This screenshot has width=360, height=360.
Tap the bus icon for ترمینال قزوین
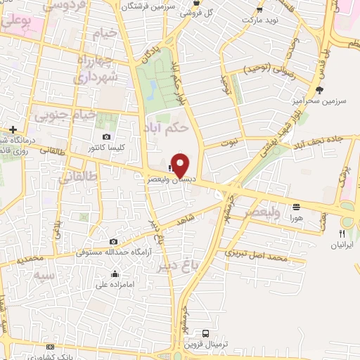[x=205, y=333]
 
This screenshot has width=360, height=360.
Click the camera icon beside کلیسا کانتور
[x=106, y=137]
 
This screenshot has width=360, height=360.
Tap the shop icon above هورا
[x=296, y=207]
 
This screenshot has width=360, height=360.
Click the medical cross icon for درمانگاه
[x=13, y=129]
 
